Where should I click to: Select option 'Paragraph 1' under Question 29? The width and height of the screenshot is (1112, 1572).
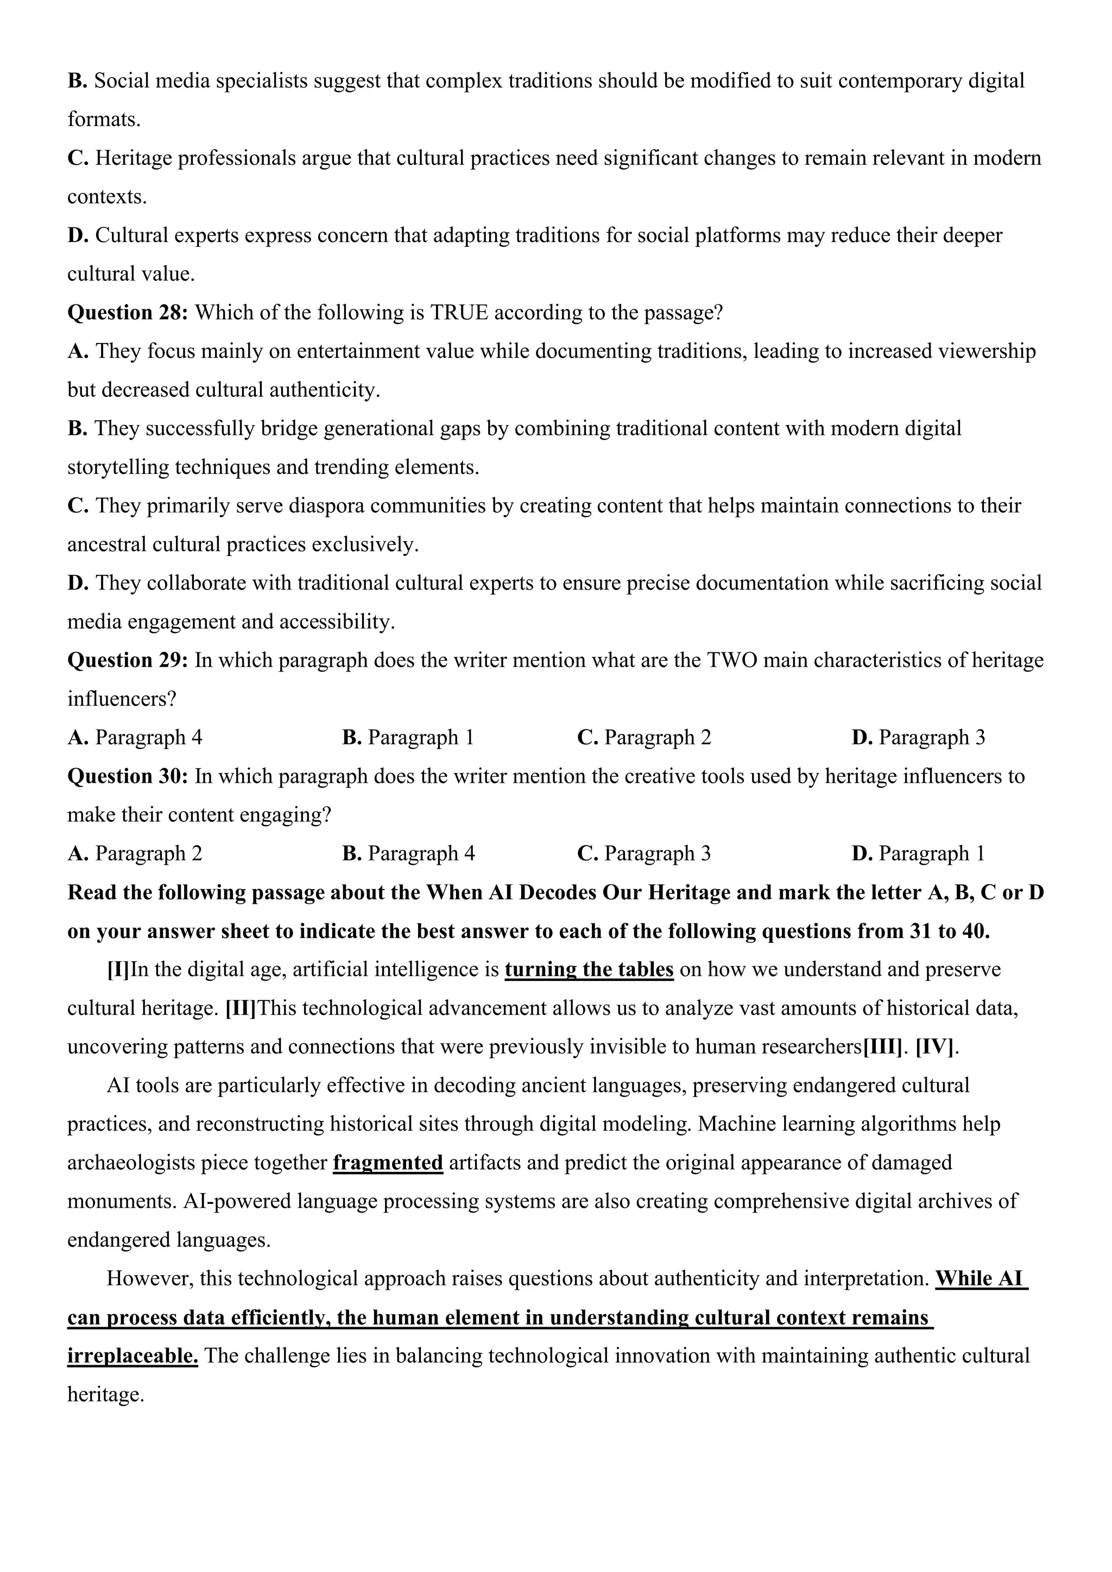click(408, 738)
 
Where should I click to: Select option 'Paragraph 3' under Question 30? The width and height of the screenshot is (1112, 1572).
click(645, 854)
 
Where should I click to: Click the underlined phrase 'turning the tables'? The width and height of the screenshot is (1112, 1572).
click(589, 969)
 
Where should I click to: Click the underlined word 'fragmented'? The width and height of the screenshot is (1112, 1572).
click(388, 1163)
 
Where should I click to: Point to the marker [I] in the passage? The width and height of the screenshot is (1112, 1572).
click(118, 969)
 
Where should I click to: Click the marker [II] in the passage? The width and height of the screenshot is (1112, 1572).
click(241, 1009)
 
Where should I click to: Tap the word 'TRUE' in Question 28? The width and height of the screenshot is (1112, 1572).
click(459, 313)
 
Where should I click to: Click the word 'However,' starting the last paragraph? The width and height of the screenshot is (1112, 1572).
click(150, 1278)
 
